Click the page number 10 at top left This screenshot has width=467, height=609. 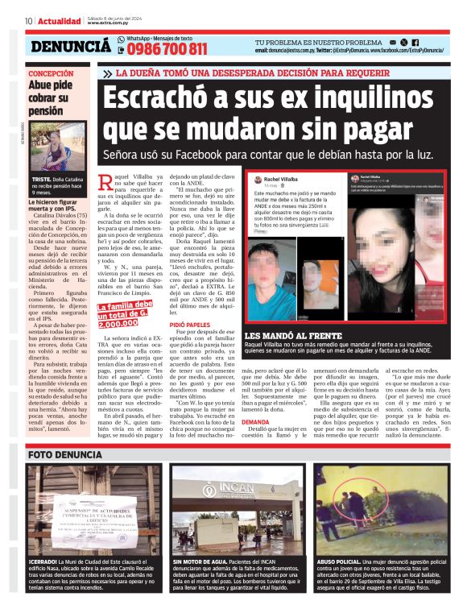click(x=27, y=21)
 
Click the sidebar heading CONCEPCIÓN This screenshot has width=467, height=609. click(x=51, y=73)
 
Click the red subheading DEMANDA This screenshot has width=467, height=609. click(x=256, y=421)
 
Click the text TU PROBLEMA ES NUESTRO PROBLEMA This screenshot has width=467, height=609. click(x=319, y=42)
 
